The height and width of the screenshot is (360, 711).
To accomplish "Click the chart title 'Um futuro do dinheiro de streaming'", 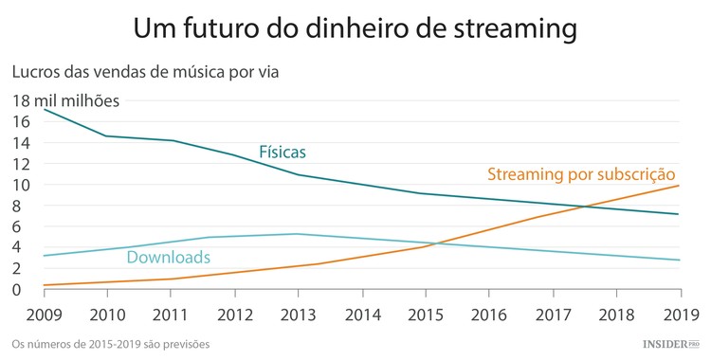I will (355, 28).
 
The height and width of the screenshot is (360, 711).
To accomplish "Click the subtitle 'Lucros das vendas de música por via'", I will (145, 71).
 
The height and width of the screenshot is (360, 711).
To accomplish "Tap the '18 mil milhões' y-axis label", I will (66, 100).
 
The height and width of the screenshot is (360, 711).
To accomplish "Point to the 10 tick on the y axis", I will (22, 184).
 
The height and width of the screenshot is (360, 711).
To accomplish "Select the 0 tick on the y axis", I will (18, 289).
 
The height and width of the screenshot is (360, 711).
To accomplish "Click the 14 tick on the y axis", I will (22, 142).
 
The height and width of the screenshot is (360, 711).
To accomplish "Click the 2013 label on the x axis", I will (297, 314).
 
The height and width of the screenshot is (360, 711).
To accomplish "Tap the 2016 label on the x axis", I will (489, 314).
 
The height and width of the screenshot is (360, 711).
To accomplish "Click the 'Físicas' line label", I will (283, 152).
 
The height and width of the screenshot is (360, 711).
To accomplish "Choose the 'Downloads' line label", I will (168, 257).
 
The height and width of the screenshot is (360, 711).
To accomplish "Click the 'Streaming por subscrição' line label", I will (580, 174).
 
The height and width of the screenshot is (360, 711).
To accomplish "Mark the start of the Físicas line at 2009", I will (45, 110).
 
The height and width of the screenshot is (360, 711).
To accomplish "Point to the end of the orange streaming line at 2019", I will (679, 186).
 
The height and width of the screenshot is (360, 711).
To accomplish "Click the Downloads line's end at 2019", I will (679, 260).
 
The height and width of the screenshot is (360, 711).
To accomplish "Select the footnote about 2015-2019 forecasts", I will (110, 343).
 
